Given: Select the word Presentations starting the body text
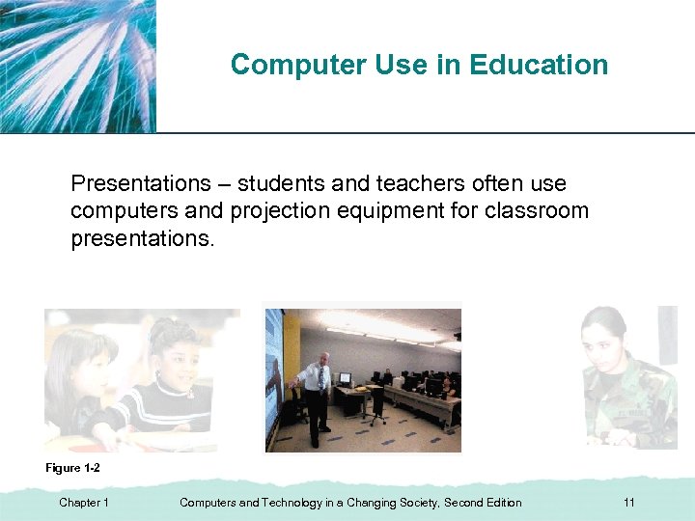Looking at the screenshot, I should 141,183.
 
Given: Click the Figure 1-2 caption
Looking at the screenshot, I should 72,467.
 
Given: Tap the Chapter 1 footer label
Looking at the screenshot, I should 84,503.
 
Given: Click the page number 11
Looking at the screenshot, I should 629,503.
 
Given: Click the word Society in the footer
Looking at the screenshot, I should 414,503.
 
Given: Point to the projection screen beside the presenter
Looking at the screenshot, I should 276,376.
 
